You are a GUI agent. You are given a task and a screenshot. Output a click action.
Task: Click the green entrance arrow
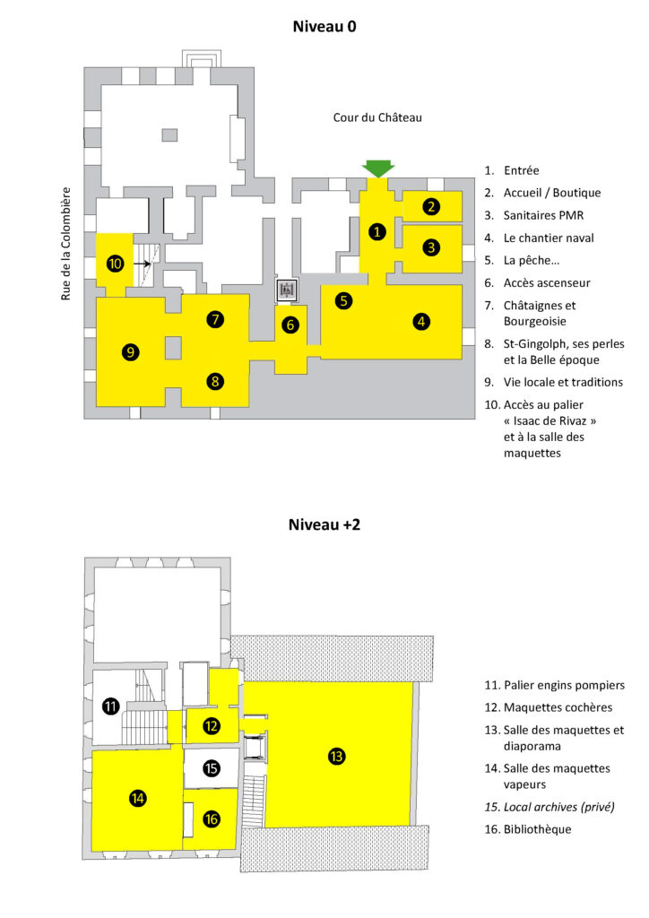tap(378, 168)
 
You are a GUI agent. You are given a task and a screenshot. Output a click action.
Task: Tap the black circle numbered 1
tap(376, 232)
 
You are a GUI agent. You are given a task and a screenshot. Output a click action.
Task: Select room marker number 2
tap(431, 206)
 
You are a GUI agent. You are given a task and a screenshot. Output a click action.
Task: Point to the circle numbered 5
tap(343, 301)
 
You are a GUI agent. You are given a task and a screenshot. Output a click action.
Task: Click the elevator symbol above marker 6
tap(287, 290)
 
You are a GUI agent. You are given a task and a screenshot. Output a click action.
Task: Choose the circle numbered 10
tap(115, 264)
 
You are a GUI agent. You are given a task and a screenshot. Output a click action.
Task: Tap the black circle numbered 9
tap(131, 351)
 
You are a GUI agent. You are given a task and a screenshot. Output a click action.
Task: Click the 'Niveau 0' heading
tap(324, 26)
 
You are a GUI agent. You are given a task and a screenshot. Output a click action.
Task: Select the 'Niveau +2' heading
tap(324, 524)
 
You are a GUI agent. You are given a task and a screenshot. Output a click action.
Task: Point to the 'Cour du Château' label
tap(377, 117)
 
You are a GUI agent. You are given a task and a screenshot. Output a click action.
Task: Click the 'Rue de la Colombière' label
tap(65, 244)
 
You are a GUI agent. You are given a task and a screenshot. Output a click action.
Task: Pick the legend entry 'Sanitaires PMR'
tap(543, 215)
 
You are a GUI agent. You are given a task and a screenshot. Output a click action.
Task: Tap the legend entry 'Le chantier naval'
tap(549, 238)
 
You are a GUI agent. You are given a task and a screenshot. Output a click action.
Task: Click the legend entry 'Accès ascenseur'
tap(547, 282)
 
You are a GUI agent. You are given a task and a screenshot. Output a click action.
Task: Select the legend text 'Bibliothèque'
tap(537, 829)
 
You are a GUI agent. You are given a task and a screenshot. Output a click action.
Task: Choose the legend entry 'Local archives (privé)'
tap(558, 807)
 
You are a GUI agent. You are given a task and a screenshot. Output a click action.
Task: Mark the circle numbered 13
tap(336, 757)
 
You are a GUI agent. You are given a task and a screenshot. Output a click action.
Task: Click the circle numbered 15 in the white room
tap(212, 768)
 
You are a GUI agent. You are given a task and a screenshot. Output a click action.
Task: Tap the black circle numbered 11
tap(110, 706)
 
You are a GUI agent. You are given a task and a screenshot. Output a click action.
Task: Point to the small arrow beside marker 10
tap(143, 264)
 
